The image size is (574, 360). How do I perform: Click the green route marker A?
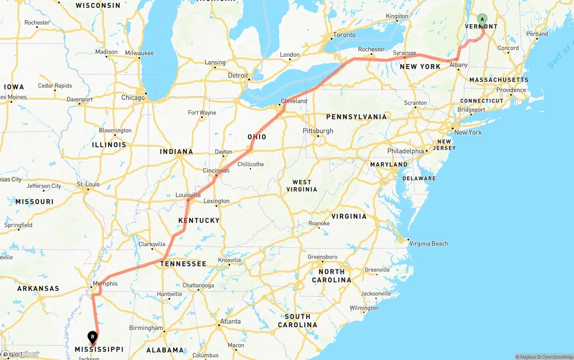pyautogui.click(x=482, y=19)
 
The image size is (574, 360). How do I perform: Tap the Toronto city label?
pyautogui.click(x=344, y=35)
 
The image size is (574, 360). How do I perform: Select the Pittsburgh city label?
pyautogui.click(x=318, y=131)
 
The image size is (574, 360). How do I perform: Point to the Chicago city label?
pyautogui.click(x=133, y=97)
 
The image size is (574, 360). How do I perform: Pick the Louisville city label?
pyautogui.click(x=188, y=195)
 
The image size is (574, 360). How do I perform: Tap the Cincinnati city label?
pyautogui.click(x=216, y=171)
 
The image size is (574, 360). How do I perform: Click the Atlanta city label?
pyautogui.click(x=230, y=321)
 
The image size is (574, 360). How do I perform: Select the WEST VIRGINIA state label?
pyautogui.click(x=302, y=186)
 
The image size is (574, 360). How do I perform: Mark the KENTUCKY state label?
pyautogui.click(x=199, y=220)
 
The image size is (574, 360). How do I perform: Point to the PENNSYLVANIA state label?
pyautogui.click(x=357, y=117)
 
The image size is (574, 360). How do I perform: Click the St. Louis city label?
pyautogui.click(x=88, y=184)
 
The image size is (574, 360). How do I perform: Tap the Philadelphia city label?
pyautogui.click(x=406, y=151)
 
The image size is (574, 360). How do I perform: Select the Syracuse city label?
pyautogui.click(x=404, y=53)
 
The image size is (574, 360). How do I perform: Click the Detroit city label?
pyautogui.click(x=238, y=75)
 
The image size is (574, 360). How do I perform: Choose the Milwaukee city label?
pyautogui.click(x=139, y=53)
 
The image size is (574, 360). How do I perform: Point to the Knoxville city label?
pyautogui.click(x=230, y=260)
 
